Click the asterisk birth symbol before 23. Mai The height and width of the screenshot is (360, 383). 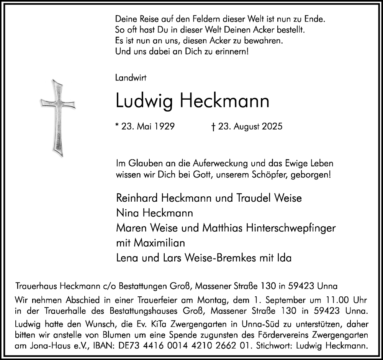point(116,125)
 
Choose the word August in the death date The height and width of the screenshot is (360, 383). point(248,126)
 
